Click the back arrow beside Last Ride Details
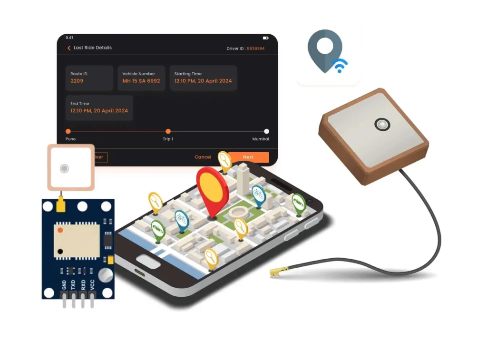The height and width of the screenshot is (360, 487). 69,48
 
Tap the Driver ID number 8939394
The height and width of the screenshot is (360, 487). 255,49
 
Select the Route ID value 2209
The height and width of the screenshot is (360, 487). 77,81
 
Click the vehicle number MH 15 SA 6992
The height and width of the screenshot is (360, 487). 141,81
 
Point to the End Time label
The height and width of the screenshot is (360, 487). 79,104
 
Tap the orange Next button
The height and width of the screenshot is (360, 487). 248,157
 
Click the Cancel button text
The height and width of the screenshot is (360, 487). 203,157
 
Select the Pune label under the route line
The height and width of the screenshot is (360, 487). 70,139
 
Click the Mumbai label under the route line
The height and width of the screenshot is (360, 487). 261,139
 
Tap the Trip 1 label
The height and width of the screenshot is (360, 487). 168,139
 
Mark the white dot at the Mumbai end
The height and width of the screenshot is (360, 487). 266,131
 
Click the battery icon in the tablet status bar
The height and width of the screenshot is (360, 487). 265,38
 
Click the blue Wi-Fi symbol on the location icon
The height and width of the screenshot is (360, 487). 340,66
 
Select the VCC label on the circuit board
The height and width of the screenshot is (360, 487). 92,285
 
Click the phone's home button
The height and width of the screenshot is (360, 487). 147,260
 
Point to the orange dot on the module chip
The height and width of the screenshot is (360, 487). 60,230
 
